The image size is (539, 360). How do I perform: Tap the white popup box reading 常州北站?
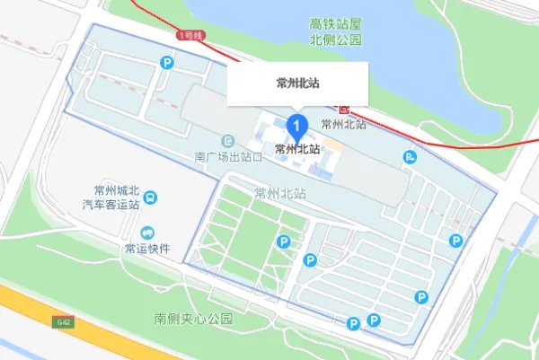tap(299, 83)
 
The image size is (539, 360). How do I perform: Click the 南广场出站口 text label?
tap(228, 156)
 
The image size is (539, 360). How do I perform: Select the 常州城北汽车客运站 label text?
tap(110, 198)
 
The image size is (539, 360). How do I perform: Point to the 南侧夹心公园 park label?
tap(192, 319)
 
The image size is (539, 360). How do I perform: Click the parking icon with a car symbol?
tap(411, 157)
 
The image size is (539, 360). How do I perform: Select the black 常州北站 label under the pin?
tap(297, 149)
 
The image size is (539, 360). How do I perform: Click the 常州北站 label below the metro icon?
tap(343, 125)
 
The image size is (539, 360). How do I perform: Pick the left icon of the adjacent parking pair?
tap(354, 322)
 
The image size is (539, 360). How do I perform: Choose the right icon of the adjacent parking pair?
tap(373, 320)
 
